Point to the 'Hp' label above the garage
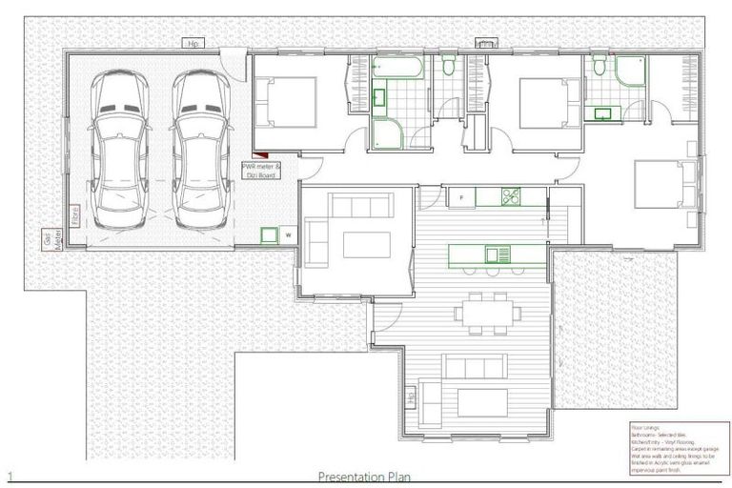[193, 43]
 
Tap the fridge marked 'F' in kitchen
[462, 197]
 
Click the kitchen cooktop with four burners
[510, 197]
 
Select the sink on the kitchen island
[496, 254]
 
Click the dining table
[487, 311]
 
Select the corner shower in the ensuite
[629, 72]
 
